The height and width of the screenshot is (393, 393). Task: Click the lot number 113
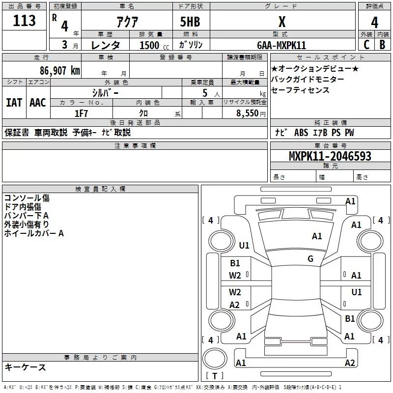(x=25, y=21)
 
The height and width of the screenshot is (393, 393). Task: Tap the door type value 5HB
(x=190, y=22)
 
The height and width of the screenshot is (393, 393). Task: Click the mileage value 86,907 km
(x=55, y=71)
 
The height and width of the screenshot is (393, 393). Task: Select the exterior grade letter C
(x=366, y=45)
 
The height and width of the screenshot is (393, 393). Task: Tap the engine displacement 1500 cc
(x=153, y=45)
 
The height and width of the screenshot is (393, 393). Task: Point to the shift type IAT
(x=14, y=102)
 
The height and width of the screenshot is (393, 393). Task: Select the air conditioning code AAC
(x=38, y=102)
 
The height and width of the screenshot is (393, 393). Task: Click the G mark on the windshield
(x=310, y=258)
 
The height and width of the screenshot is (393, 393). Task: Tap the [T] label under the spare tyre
(x=215, y=376)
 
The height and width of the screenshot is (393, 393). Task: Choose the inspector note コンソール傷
(x=27, y=198)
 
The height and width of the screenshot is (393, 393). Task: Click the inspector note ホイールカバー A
(x=34, y=233)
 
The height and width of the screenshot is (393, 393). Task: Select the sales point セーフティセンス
(x=300, y=90)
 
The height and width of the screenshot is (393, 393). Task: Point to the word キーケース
(x=25, y=367)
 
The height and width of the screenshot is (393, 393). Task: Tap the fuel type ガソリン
(x=191, y=45)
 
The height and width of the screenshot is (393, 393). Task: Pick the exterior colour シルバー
(x=105, y=92)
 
